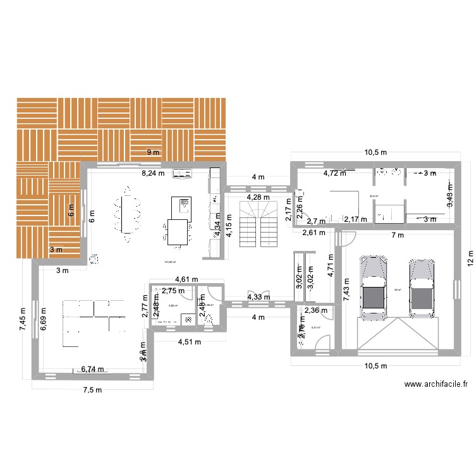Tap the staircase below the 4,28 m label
[257, 225]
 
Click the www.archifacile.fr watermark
[436, 384]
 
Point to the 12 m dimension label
[470, 262]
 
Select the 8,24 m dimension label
[152, 172]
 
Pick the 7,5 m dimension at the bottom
[92, 390]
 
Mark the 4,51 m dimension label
[189, 343]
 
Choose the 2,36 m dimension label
[315, 310]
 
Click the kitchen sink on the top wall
[183, 173]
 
